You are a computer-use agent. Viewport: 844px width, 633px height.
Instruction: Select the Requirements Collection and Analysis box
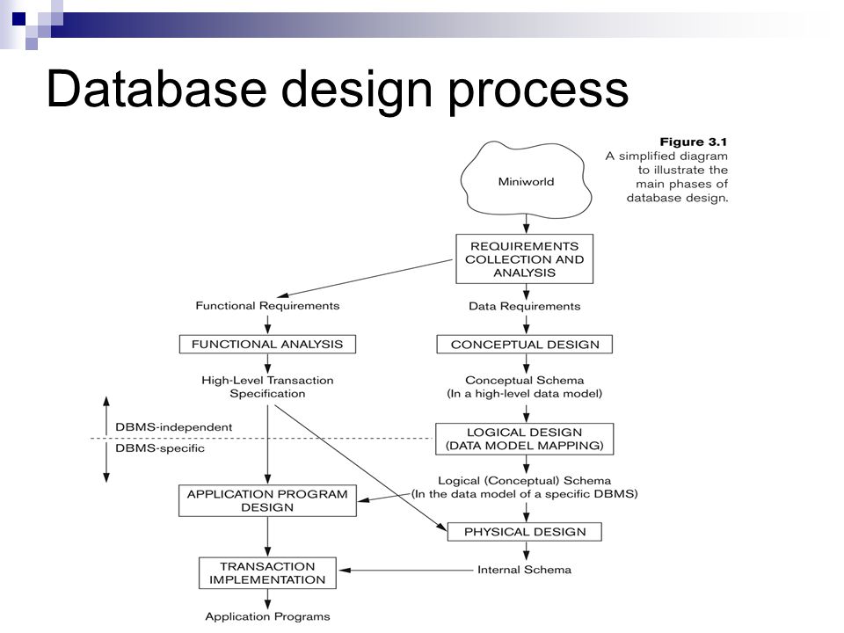tap(524, 258)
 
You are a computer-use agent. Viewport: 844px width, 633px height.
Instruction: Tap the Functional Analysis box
tap(267, 345)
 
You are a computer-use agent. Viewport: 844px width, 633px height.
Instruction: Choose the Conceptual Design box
tap(525, 345)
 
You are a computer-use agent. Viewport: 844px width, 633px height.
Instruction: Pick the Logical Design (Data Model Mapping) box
tap(524, 439)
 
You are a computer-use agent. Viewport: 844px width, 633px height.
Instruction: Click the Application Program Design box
tap(267, 500)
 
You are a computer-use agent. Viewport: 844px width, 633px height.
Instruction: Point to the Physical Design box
tap(525, 532)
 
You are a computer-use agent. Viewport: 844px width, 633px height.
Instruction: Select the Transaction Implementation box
tap(267, 573)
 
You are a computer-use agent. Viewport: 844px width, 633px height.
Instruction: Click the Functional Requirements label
tap(267, 306)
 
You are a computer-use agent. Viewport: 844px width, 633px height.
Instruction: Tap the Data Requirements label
tap(525, 306)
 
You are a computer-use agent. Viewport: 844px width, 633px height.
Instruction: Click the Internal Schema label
tap(524, 570)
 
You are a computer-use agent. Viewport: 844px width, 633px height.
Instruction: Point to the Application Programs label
tap(267, 617)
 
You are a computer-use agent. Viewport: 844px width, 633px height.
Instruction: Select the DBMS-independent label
tap(174, 427)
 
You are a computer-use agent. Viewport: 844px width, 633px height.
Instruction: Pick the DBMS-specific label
tap(160, 448)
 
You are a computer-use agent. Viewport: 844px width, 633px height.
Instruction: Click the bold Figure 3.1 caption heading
tap(694, 142)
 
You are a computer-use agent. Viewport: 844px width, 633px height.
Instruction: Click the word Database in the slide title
tap(156, 89)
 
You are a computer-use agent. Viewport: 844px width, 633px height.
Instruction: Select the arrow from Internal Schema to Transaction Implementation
tap(406, 570)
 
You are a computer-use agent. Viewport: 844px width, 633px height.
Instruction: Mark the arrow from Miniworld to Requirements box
tap(527, 224)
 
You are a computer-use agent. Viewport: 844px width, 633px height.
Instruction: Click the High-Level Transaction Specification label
tap(267, 387)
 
